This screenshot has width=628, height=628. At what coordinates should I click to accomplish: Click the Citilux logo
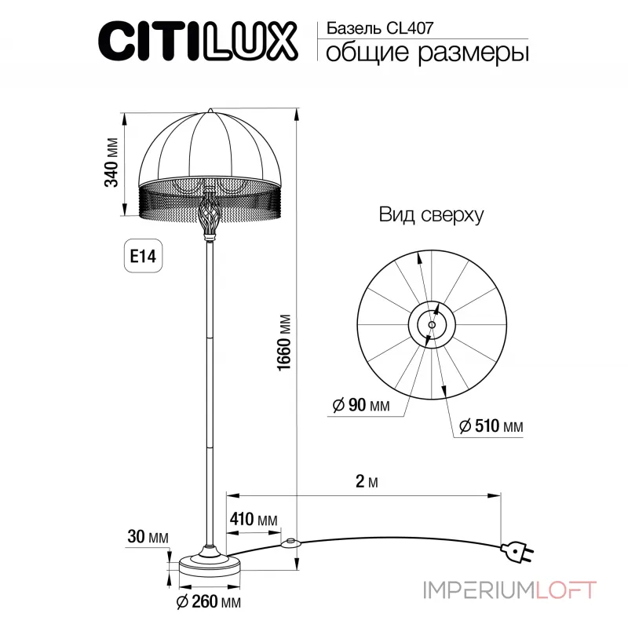pyautogui.click(x=196, y=39)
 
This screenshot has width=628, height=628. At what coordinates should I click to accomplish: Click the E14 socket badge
pyautogui.click(x=143, y=257)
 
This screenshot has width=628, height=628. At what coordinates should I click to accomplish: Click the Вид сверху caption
pyautogui.click(x=431, y=214)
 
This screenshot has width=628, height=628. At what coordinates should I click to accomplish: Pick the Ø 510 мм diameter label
pyautogui.click(x=490, y=426)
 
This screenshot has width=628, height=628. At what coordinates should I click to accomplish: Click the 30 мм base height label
pyautogui.click(x=148, y=537)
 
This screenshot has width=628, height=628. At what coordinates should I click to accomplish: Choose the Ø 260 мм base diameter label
pyautogui.click(x=209, y=602)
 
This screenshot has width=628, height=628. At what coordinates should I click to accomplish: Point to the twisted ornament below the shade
pyautogui.click(x=209, y=215)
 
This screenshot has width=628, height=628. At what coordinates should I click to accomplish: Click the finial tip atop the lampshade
pyautogui.click(x=209, y=108)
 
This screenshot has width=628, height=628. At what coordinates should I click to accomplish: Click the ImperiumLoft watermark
pyautogui.click(x=510, y=589)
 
